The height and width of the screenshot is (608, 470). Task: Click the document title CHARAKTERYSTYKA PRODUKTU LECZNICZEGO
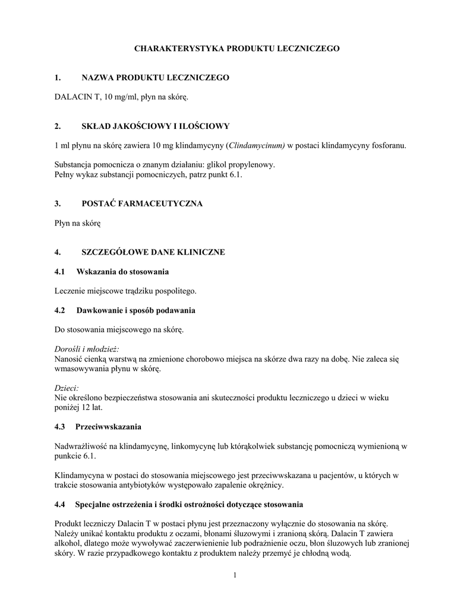click(x=236, y=49)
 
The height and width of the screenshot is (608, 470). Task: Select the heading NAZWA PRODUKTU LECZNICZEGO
click(x=155, y=78)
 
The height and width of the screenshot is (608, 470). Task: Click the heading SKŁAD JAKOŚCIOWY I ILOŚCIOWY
click(x=155, y=126)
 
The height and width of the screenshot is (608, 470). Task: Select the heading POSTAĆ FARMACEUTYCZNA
click(x=142, y=204)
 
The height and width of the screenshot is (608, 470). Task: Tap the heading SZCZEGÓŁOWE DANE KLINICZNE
click(x=153, y=252)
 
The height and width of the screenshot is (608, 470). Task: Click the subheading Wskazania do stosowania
click(x=122, y=271)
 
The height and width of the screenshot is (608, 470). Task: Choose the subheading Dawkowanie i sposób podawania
click(x=135, y=310)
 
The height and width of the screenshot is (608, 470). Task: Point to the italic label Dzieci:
click(x=67, y=388)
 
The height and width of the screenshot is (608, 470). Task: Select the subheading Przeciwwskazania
click(x=108, y=426)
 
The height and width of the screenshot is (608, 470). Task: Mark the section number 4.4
click(x=59, y=504)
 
